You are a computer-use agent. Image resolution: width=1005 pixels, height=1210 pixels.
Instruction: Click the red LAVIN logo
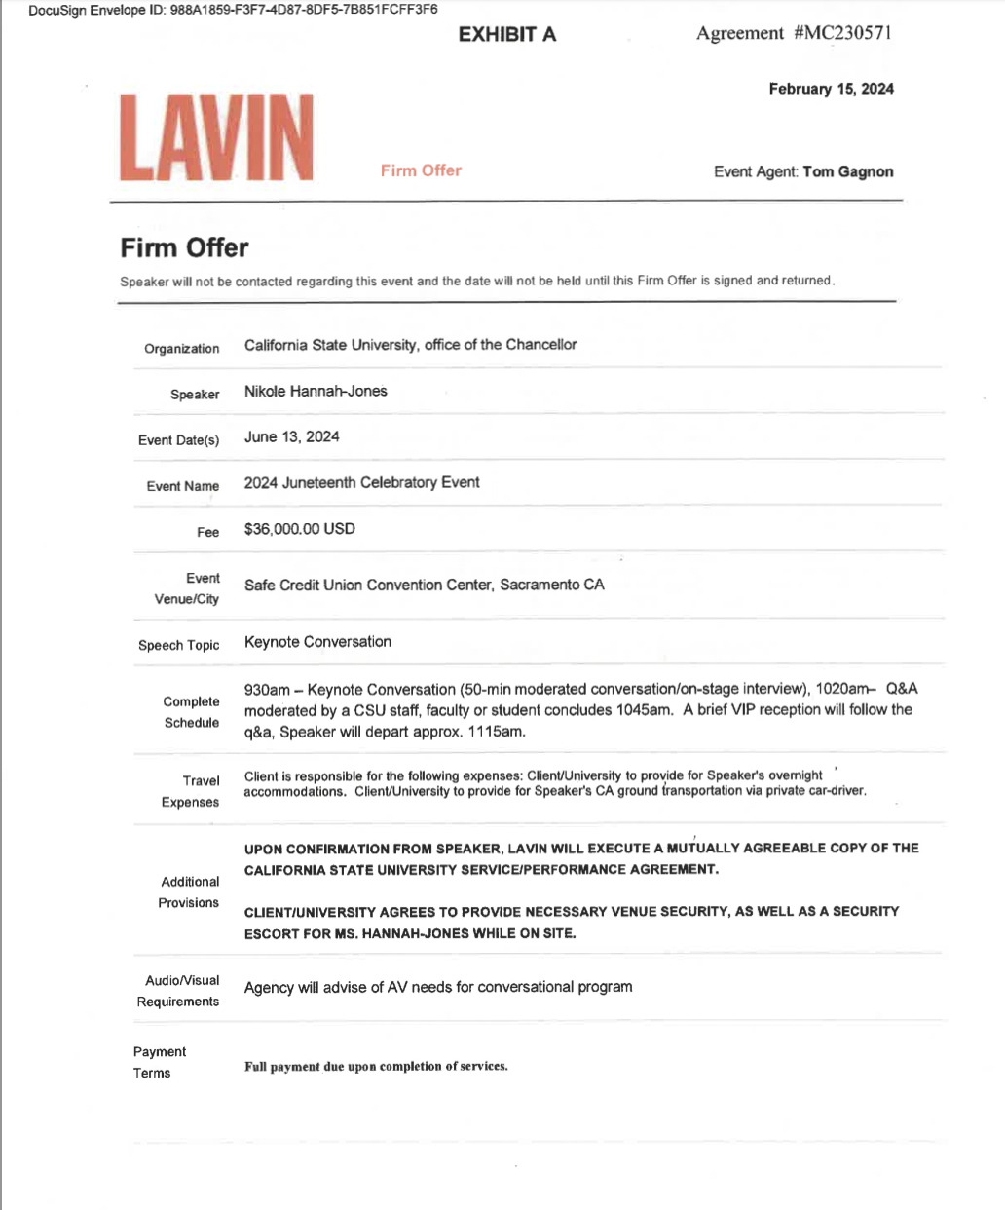click(216, 137)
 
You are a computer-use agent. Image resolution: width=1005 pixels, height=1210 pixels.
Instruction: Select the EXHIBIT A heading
click(506, 35)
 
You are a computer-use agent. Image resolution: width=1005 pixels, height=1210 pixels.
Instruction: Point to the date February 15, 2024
click(831, 89)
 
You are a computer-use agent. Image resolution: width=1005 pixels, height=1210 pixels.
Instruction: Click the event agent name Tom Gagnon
click(847, 171)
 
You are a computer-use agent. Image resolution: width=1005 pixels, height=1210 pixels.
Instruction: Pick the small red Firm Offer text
click(421, 170)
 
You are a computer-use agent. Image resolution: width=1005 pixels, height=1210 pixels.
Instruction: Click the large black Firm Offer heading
click(184, 247)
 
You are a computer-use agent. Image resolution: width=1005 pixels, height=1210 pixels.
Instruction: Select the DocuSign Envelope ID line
click(233, 10)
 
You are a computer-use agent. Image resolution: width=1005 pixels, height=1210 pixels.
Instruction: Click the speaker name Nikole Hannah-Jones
click(316, 391)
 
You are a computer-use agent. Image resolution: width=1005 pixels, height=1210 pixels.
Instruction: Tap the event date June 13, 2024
click(291, 436)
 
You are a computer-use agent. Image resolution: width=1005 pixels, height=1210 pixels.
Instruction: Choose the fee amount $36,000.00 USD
click(299, 529)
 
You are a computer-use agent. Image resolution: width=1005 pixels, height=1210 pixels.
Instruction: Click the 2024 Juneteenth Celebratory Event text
click(361, 482)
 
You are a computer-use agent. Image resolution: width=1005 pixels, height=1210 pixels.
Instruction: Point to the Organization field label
click(181, 349)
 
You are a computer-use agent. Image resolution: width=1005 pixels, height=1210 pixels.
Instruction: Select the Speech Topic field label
click(178, 645)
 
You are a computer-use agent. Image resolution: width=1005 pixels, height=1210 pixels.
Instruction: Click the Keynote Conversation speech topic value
click(317, 642)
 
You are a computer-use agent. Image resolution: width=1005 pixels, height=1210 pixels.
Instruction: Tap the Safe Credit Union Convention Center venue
click(424, 585)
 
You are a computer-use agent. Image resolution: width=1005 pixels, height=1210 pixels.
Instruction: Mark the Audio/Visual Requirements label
click(178, 991)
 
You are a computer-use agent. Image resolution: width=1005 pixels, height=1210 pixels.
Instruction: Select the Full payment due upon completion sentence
click(376, 1067)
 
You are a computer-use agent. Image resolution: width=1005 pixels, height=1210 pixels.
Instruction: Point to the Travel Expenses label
click(191, 791)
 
